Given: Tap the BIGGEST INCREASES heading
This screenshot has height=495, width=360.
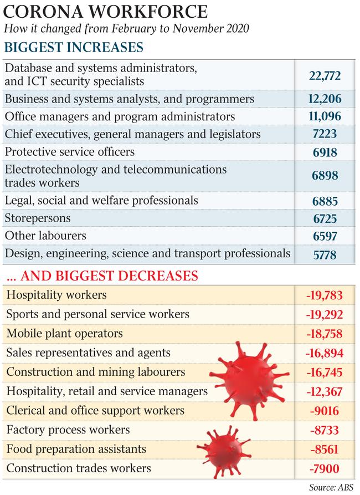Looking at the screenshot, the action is tap(74, 47).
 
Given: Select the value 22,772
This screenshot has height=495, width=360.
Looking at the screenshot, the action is tap(325, 76).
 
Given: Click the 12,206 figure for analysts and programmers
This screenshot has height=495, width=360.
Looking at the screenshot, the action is tap(325, 99).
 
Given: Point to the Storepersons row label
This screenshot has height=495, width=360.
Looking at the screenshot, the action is tap(38, 218).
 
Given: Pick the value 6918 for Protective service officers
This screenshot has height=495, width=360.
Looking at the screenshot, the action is tap(325, 152).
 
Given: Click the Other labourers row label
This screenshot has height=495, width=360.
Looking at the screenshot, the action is tap(45, 236).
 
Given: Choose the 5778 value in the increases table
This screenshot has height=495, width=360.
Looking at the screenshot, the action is tap(325, 255).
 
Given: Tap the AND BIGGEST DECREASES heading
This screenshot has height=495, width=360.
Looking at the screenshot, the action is tap(102, 276).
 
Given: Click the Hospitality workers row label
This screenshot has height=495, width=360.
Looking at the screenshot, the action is tap(56, 295).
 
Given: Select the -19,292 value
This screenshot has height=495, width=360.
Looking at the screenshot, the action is tap(325, 315).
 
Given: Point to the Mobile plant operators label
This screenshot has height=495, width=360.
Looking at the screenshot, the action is tap(64, 334).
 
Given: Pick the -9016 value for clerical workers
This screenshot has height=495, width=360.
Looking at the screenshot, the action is tap(325, 411).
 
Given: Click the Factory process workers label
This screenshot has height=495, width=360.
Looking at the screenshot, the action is tap(68, 430).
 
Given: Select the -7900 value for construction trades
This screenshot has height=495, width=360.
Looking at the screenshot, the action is tap(325, 469).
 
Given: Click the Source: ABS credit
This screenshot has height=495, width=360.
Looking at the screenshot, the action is tap(331, 487).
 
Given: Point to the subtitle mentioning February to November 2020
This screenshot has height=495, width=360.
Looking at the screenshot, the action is tap(126, 28).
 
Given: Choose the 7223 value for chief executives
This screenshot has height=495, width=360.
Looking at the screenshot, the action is tap(325, 134).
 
